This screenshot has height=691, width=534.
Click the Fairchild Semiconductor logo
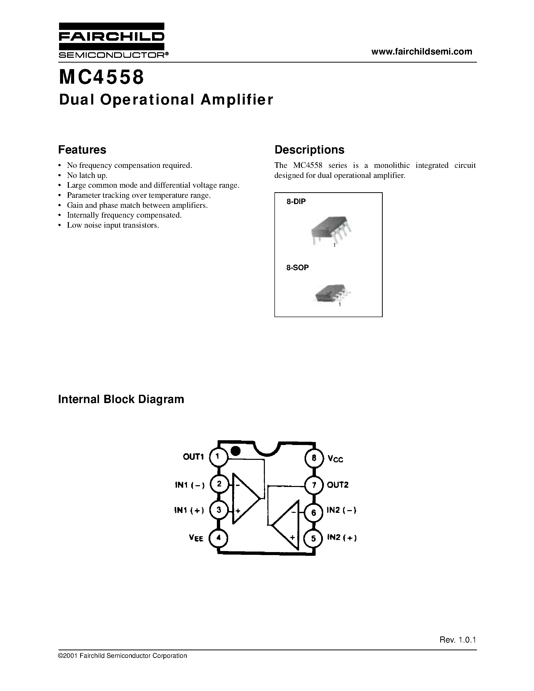click(x=112, y=40)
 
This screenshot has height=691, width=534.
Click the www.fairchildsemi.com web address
click(x=422, y=52)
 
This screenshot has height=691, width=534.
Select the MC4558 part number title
click(x=102, y=77)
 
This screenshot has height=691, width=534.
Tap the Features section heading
click(x=82, y=150)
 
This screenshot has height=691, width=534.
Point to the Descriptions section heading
click(x=309, y=150)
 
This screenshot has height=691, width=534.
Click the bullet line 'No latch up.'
click(x=87, y=175)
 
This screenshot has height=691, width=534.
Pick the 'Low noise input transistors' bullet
click(x=113, y=225)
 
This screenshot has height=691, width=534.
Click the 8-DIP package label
click(x=296, y=202)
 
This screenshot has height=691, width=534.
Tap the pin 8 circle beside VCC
click(x=314, y=458)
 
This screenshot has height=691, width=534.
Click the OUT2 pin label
click(x=337, y=485)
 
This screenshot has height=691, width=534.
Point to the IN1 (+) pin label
click(x=189, y=510)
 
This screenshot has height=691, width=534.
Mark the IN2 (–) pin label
click(x=342, y=510)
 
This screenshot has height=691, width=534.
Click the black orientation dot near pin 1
click(x=235, y=451)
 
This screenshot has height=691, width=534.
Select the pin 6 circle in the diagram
click(x=314, y=512)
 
